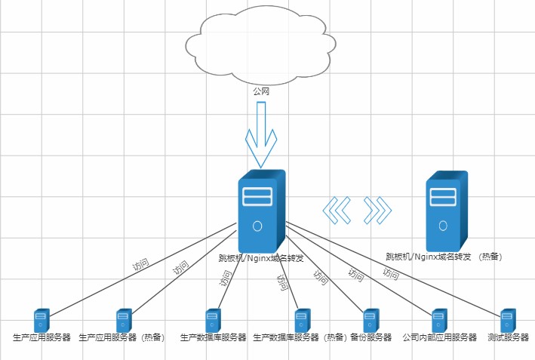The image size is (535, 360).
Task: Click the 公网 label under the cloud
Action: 261,91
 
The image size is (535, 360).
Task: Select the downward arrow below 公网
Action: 261,136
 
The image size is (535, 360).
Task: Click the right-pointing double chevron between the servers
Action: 378,210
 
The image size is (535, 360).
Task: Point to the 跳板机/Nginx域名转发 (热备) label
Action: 444,257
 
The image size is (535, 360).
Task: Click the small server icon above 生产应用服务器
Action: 41,320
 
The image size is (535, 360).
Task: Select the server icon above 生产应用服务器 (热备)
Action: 125,320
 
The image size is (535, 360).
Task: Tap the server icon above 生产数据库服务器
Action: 214,320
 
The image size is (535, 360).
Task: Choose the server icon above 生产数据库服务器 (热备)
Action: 303,320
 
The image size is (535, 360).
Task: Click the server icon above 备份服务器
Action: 371,320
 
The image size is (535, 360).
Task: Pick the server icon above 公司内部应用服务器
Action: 439,320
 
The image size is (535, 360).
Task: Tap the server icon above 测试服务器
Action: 508,320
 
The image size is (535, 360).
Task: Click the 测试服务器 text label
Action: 508,337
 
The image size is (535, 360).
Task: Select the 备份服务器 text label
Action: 371,337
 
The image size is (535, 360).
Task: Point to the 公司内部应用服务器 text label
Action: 440,337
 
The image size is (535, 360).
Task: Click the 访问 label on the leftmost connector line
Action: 140,265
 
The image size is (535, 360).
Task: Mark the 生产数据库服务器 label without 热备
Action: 214,337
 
